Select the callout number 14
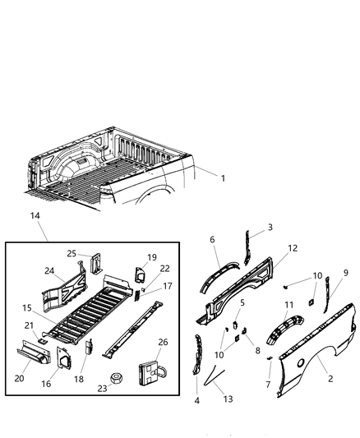tap(35, 215)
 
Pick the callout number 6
tap(212, 240)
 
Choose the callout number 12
tap(293, 247)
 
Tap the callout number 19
tap(152, 256)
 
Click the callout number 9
tap(346, 273)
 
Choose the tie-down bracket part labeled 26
tap(151, 374)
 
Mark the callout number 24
tap(49, 270)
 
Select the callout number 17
tap(168, 287)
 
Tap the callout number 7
tap(269, 384)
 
